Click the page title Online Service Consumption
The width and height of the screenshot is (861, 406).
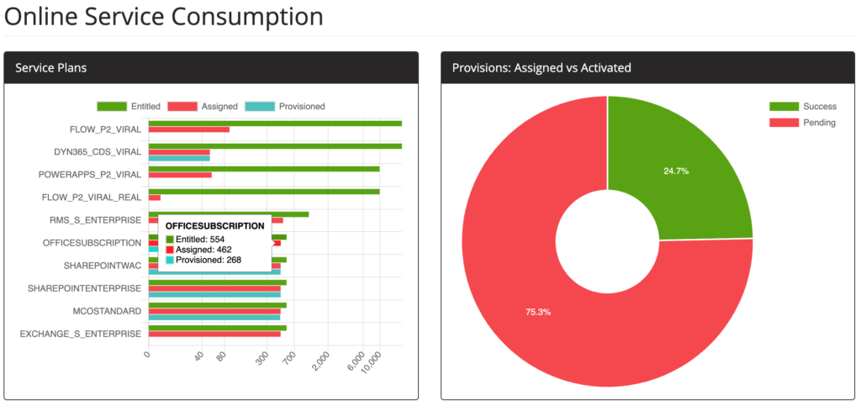[163, 16]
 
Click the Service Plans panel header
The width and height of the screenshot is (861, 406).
[51, 67]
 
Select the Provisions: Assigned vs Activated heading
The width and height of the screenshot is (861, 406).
[541, 67]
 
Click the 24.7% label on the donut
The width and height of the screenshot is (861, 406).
[676, 171]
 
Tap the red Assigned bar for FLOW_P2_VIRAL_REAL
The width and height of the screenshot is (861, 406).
[155, 198]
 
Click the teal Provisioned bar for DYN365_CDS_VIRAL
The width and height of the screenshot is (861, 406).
[179, 158]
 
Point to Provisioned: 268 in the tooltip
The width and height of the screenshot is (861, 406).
[209, 260]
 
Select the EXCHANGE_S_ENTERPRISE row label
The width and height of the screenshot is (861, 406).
[81, 334]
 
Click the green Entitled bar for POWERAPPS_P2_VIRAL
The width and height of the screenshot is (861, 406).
[264, 168]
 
